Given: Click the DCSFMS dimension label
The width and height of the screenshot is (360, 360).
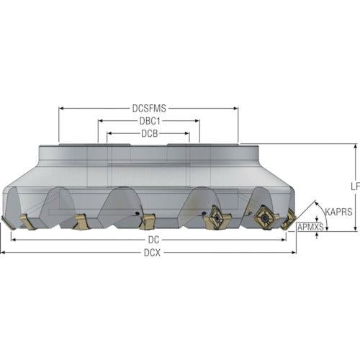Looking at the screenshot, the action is click(149, 109).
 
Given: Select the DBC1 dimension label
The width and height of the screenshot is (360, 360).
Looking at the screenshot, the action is click(150, 121).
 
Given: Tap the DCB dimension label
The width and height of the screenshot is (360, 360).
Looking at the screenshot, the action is click(150, 134).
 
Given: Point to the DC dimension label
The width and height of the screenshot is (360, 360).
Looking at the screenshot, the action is click(153, 240).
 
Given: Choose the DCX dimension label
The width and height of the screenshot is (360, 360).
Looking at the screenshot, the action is click(152, 253).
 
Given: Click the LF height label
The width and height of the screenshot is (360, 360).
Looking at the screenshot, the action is click(356, 186).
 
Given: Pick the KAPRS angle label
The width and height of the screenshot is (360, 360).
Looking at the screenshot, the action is click(338, 212).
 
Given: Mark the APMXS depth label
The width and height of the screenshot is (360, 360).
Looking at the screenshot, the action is click(310, 227).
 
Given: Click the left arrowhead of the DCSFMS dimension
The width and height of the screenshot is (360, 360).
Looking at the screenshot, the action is click(61, 109).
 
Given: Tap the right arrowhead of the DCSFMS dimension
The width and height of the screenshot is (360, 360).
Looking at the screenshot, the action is click(236, 109).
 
